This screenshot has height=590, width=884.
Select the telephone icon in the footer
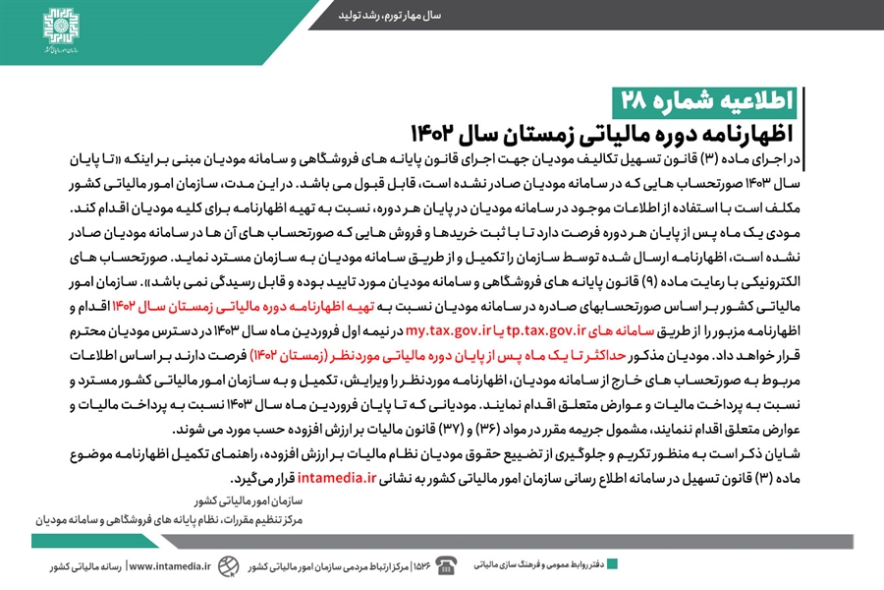pyautogui.click(x=447, y=564)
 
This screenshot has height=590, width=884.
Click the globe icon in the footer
pyautogui.click(x=227, y=565)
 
